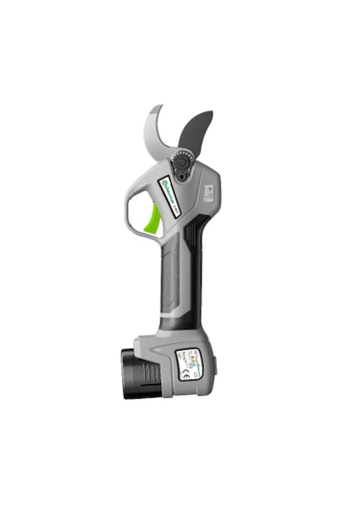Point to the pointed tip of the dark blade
point(210,114)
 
